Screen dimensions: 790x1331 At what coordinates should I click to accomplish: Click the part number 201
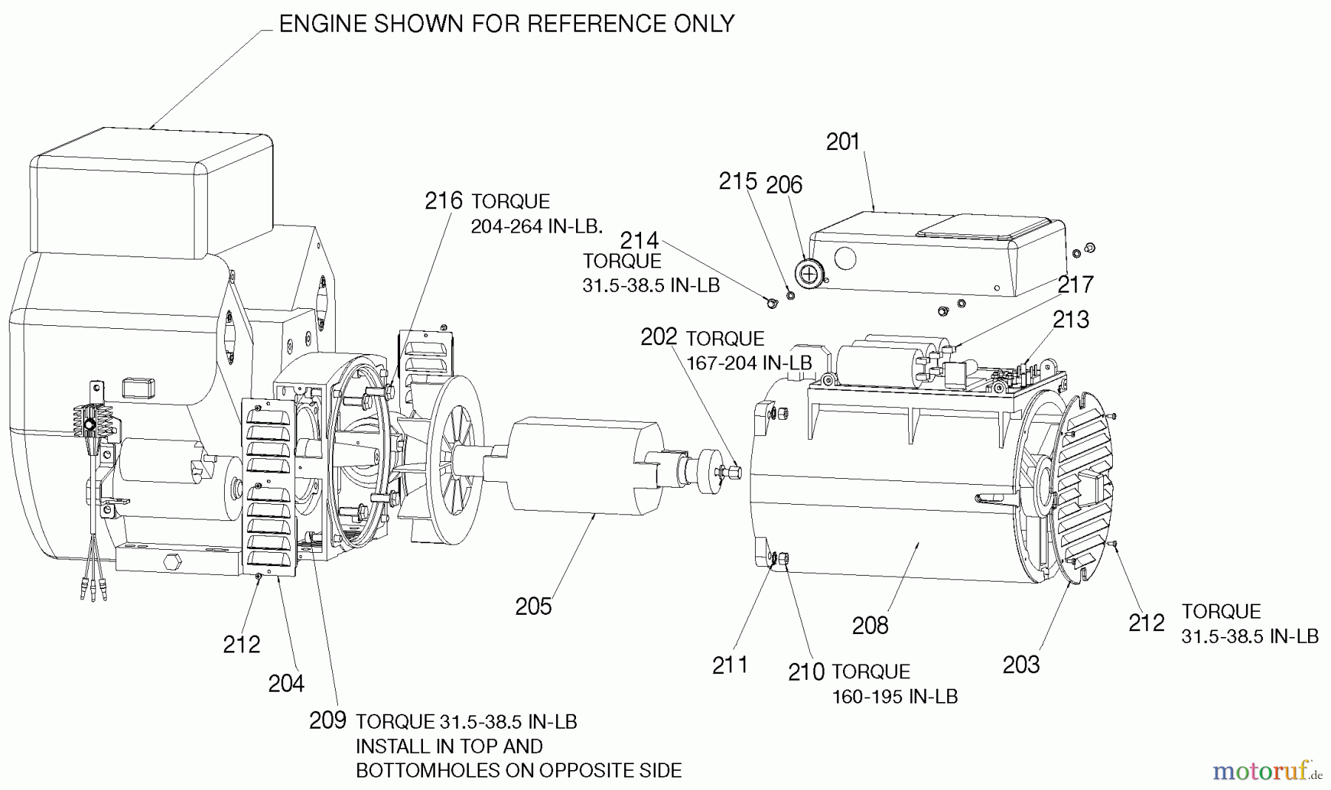pos(843,142)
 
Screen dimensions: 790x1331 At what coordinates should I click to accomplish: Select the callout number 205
pos(533,607)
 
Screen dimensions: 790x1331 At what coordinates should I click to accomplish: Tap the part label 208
pos(870,626)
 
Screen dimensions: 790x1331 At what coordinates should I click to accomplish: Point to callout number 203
pos(1020,665)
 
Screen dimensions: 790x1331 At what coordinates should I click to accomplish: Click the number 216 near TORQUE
pos(444,201)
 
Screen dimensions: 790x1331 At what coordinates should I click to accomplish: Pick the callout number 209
pos(328,721)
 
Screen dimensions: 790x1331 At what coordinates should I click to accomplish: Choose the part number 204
pos(286,684)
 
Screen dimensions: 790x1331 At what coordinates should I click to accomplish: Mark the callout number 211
pos(730,665)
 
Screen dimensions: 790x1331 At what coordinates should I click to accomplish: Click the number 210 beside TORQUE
pos(806,672)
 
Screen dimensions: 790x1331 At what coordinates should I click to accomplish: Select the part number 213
pos(1071,319)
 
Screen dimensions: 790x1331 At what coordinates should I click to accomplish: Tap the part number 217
pos(1075,285)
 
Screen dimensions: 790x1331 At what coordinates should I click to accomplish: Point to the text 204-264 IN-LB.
pos(535,227)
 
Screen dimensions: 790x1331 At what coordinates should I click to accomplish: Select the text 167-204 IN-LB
pos(749,364)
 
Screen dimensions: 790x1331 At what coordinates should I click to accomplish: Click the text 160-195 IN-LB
pos(895,697)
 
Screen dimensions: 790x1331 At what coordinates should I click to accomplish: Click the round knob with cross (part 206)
pos(810,273)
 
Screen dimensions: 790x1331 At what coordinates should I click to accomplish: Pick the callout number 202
pos(658,337)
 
